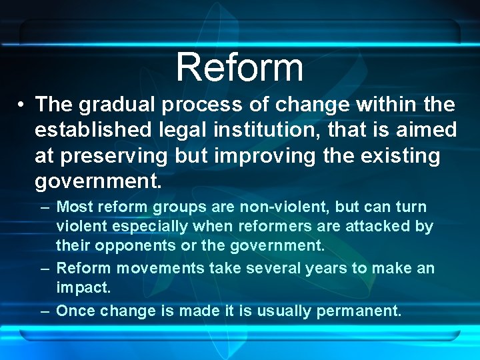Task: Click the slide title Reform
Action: tap(240, 67)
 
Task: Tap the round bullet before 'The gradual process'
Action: tap(22, 105)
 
